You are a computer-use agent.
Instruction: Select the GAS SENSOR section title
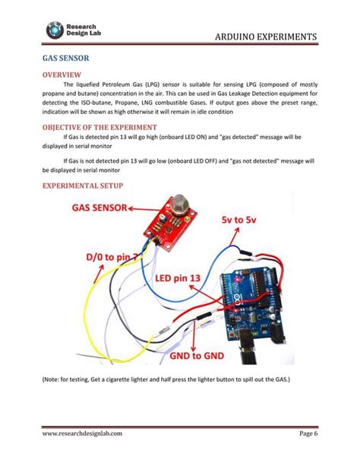coord(66,58)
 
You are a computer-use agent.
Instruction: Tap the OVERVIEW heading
coord(62,74)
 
